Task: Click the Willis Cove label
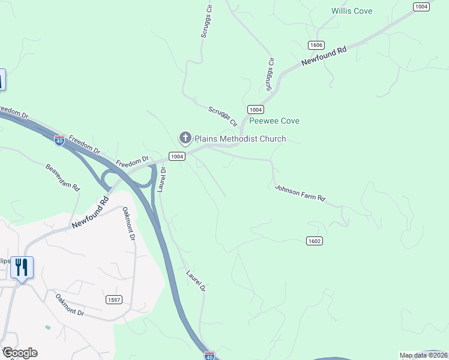(352, 11)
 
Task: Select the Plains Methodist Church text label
(240, 139)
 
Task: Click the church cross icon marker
(185, 139)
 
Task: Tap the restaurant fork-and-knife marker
(22, 267)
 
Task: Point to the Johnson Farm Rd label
(300, 193)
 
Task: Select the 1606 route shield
(316, 46)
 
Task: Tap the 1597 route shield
(113, 299)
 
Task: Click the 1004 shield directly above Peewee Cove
(255, 109)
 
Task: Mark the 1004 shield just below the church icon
(176, 156)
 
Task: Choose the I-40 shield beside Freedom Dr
(59, 140)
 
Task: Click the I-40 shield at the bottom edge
(209, 356)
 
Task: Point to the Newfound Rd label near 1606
(324, 57)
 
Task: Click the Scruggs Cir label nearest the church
(222, 116)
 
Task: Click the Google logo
(20, 353)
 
